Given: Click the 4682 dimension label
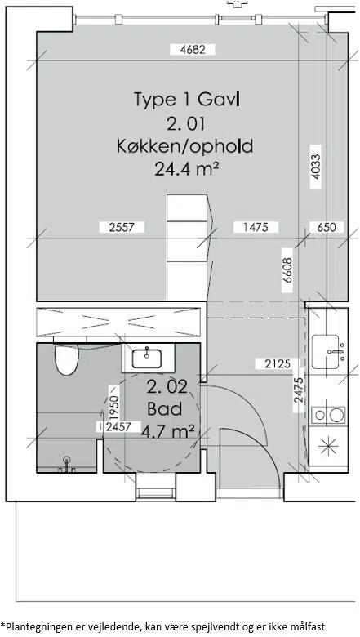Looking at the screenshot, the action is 192,50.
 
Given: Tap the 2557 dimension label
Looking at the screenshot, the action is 122,227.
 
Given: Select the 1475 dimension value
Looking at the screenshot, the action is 256,227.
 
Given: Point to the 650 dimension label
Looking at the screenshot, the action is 327,227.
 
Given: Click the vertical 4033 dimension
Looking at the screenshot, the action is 315,167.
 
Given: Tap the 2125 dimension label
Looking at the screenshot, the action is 278,364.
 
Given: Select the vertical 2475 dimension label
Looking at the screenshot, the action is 299,390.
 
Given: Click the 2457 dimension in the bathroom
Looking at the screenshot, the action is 118,427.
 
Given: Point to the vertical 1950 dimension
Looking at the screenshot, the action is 113,408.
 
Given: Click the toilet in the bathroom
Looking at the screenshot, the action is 66,359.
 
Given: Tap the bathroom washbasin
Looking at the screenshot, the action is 147,358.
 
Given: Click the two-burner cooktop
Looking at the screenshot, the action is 328,415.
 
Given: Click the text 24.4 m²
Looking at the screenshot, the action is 184,168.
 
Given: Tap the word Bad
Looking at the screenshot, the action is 164,409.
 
